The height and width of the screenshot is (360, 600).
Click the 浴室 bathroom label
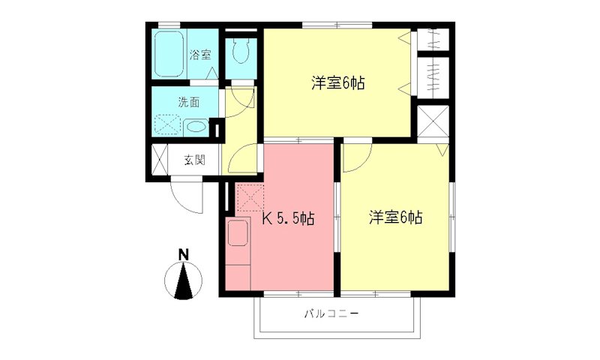[199, 55]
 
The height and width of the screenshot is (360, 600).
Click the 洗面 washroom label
[189, 101]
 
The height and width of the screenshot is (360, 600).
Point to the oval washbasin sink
[195, 127]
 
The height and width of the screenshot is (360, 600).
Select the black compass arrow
[183, 283]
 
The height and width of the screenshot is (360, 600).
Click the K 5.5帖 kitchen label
[287, 219]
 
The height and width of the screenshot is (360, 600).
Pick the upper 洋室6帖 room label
[338, 83]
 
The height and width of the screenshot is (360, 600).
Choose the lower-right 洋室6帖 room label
[395, 217]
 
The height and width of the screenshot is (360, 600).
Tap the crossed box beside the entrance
[160, 159]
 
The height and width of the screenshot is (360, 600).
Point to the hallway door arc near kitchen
[241, 159]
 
